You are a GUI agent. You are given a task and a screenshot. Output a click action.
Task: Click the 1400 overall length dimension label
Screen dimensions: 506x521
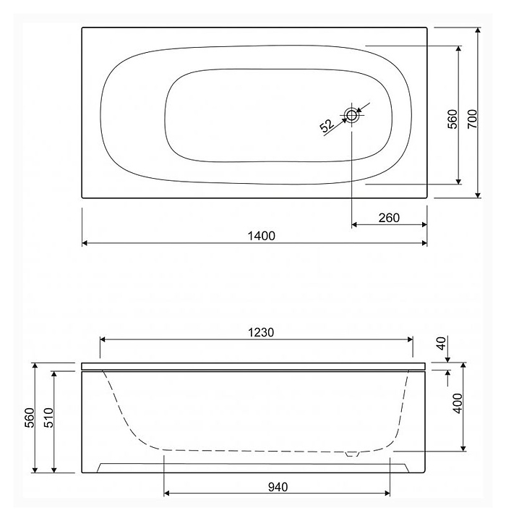click(261, 236)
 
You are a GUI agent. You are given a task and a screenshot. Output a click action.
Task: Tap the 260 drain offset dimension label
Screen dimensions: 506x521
click(389, 218)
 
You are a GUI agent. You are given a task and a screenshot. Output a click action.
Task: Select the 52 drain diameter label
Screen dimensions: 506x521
click(327, 126)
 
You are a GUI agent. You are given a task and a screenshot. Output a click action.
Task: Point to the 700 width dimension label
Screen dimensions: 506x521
click(472, 119)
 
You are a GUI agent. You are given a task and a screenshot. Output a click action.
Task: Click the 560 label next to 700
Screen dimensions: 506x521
click(453, 119)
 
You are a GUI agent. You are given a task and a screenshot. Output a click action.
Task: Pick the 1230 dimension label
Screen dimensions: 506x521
click(261, 332)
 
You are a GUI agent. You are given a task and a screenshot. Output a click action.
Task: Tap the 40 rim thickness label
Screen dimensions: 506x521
click(441, 343)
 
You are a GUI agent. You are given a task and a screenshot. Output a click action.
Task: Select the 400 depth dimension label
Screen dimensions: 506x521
click(458, 403)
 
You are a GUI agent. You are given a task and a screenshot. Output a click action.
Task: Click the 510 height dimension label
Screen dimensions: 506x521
click(48, 418)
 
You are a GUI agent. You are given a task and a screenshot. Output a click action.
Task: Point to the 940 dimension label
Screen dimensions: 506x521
click(278, 487)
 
